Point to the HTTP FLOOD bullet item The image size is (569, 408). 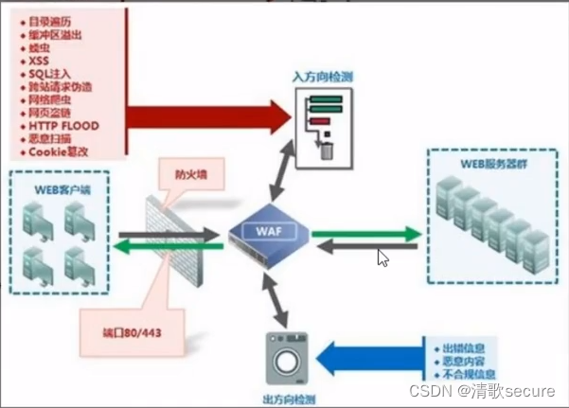(x=63, y=125)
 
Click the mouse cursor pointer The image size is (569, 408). (x=382, y=257)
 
